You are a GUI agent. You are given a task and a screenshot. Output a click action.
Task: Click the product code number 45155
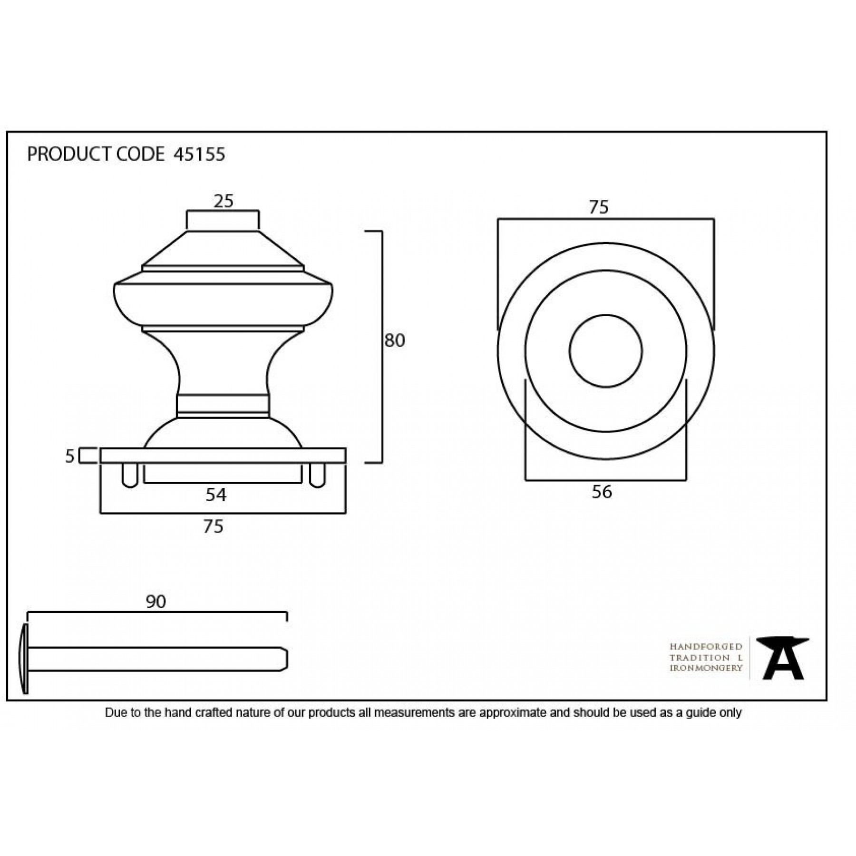(199, 155)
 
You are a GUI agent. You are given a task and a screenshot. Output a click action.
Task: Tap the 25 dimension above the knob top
(223, 202)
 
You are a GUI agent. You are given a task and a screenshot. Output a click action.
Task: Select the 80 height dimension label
(394, 340)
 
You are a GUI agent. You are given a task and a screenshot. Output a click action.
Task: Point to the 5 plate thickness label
(70, 457)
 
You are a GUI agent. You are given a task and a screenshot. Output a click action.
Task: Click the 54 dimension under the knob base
(216, 495)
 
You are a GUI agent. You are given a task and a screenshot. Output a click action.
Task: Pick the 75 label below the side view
(213, 526)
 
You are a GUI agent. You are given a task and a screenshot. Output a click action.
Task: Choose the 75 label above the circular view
(598, 207)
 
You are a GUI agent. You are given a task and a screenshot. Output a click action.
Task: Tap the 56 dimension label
(602, 492)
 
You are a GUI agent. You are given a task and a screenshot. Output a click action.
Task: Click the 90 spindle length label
(156, 602)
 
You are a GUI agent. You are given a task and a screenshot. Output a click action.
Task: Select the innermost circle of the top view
(605, 351)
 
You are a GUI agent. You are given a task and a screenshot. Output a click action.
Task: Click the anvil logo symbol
(783, 658)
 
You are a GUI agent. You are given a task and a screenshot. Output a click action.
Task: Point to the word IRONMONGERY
(706, 668)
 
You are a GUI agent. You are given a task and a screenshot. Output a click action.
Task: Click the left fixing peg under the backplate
(130, 475)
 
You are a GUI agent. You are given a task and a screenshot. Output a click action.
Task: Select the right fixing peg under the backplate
(317, 475)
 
